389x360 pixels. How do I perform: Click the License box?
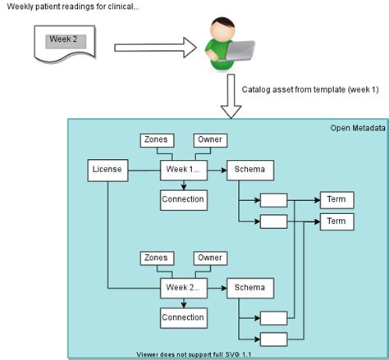108,170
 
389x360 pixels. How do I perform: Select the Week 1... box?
183,170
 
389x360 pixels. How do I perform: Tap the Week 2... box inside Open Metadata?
183,288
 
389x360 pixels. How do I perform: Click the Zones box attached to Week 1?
156,139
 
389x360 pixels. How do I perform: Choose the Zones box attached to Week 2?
156,257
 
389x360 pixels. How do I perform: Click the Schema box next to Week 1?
249,170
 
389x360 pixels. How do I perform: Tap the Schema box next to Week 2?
249,288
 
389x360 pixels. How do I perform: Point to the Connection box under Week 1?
183,198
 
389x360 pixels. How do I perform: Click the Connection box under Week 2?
183,317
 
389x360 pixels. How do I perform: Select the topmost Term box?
336,199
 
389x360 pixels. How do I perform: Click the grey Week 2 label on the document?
63,39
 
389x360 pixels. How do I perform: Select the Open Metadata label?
352,128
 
